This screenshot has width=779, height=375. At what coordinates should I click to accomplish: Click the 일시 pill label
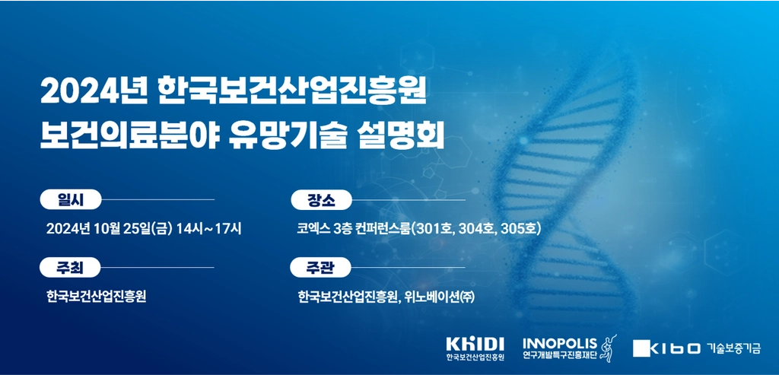pyautogui.click(x=71, y=199)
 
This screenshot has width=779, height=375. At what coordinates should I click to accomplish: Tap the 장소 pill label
pyautogui.click(x=321, y=199)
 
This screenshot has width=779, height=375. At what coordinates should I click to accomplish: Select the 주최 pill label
pyautogui.click(x=71, y=268)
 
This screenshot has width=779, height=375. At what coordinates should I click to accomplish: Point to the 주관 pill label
pyautogui.click(x=321, y=268)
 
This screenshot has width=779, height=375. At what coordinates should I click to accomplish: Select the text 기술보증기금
pyautogui.click(x=733, y=348)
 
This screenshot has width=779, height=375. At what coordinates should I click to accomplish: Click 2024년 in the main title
pyautogui.click(x=94, y=93)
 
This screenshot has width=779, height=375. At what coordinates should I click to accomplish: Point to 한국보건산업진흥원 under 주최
pyautogui.click(x=96, y=297)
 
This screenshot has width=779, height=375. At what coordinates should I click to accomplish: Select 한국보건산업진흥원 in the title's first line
pyautogui.click(x=291, y=93)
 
